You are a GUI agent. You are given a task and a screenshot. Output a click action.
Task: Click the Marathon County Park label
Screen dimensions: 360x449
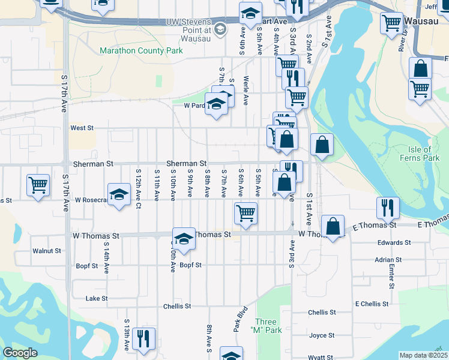[141, 51]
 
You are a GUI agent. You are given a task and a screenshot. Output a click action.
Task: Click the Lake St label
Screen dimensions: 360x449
[97, 298]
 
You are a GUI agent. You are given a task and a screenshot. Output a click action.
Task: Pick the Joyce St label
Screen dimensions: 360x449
[322, 335]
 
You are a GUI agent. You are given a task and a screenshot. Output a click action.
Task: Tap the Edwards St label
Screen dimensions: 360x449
[394, 243]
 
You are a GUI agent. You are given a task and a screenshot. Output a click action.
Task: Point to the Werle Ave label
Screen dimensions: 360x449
[246, 91]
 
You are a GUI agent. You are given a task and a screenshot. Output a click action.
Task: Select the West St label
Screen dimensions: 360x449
[82, 128]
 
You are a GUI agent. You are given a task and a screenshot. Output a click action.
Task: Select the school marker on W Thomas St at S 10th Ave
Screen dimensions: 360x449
[184, 238]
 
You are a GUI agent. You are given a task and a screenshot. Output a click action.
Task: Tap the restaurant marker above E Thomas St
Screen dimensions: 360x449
[388, 208]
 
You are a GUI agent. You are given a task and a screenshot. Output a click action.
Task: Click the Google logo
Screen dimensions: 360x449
[20, 353]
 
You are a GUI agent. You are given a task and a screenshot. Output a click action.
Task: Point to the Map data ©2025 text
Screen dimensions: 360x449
[423, 355]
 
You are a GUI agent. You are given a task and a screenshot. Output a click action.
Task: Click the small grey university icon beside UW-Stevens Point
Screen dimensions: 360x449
[220, 28]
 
